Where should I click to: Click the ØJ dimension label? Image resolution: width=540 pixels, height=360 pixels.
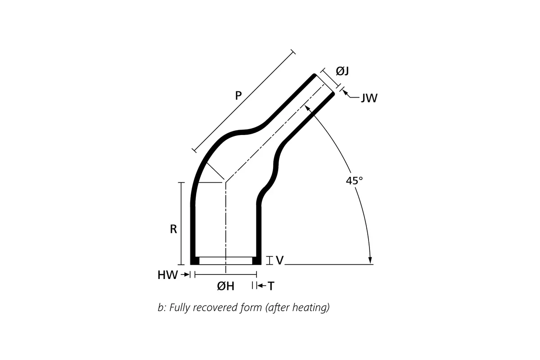point(342,71)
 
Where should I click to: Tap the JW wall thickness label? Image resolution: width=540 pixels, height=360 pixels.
point(369,98)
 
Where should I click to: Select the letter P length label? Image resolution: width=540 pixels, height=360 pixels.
point(238,95)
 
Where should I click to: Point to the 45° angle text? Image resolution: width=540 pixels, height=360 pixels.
point(354,181)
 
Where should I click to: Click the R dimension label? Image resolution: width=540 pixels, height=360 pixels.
point(173,229)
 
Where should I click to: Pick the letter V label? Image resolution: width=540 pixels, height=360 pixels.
point(279,260)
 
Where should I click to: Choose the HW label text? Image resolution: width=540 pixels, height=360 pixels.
point(167,275)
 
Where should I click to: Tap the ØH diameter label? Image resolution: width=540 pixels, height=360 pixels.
point(225,286)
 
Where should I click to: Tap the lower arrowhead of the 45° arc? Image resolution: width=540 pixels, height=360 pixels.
point(370,261)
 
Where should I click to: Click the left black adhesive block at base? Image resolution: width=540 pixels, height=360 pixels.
point(195,261)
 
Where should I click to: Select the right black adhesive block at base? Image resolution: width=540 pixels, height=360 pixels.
point(256,261)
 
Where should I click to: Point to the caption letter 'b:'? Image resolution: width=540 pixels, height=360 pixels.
point(161,308)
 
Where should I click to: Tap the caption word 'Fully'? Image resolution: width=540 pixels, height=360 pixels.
point(179,308)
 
